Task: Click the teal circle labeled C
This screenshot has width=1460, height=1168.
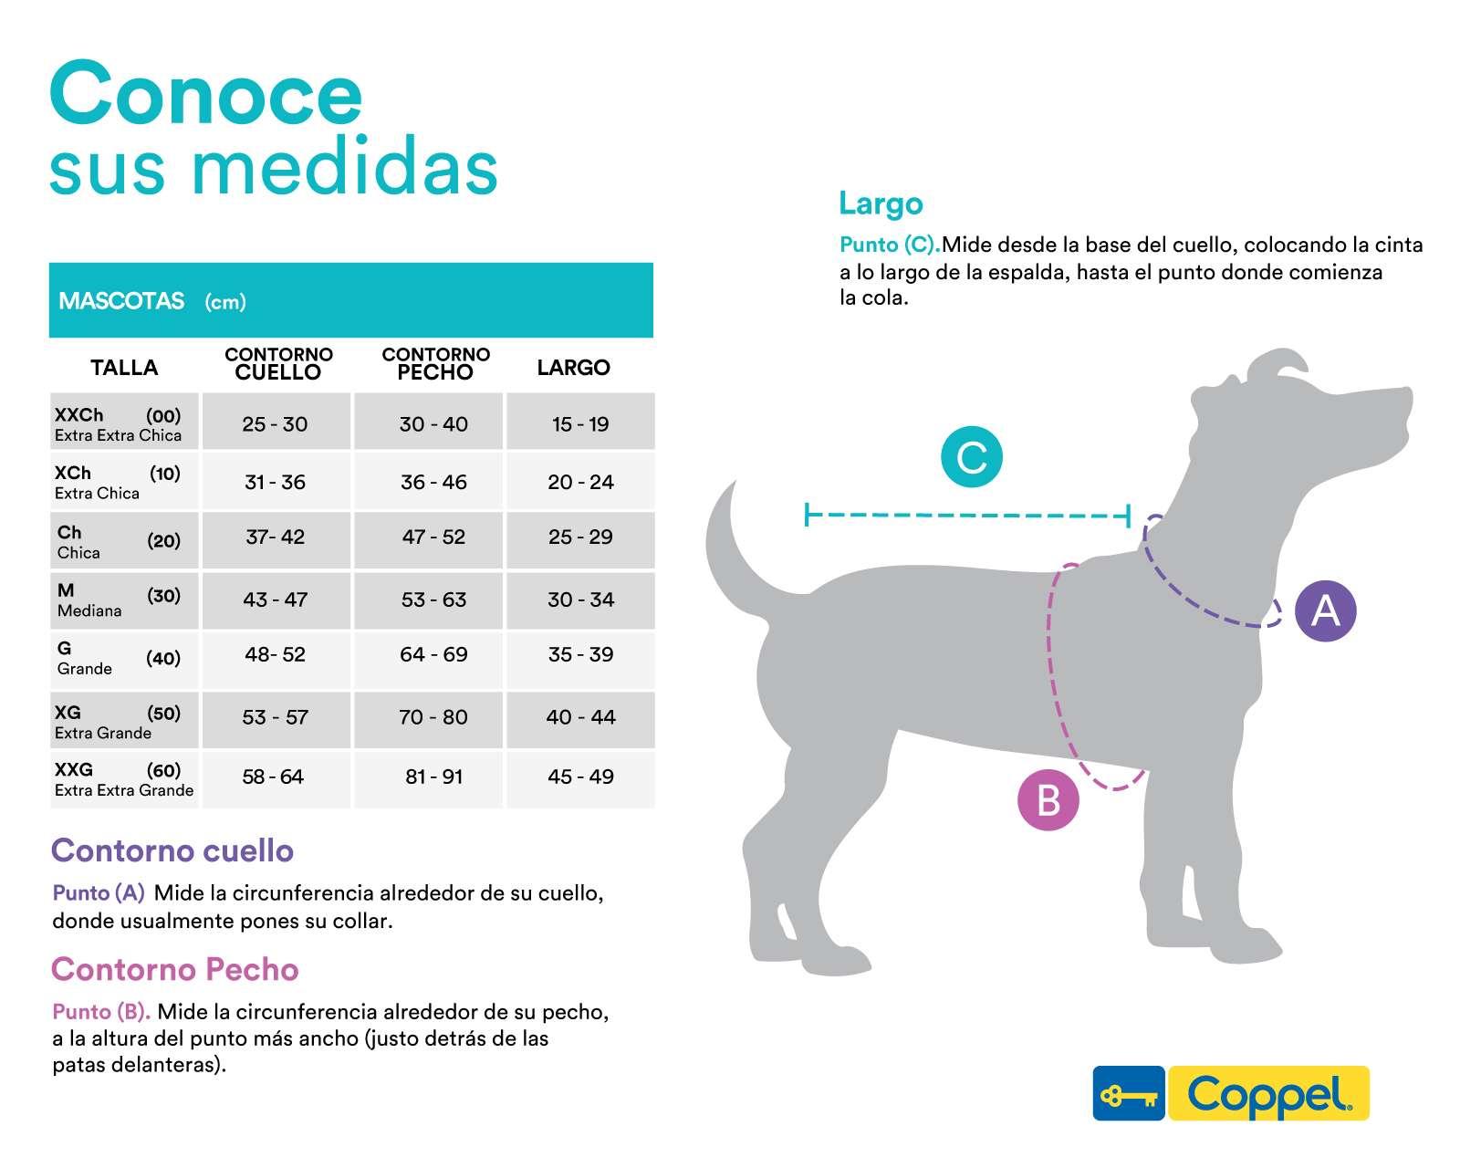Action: click(x=972, y=456)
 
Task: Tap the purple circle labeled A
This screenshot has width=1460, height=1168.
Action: click(x=1325, y=610)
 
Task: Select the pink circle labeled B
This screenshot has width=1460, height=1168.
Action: click(x=1048, y=800)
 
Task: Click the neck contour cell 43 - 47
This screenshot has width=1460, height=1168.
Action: click(x=276, y=600)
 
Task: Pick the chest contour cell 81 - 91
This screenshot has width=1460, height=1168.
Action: click(x=434, y=777)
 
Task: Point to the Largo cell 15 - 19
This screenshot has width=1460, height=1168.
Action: click(x=580, y=424)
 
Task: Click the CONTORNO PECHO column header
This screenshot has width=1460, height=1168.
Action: click(x=435, y=363)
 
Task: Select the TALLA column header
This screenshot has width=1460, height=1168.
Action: click(x=124, y=368)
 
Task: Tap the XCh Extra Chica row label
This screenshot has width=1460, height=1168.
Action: click(x=98, y=483)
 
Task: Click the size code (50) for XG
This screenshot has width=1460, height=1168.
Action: click(x=164, y=713)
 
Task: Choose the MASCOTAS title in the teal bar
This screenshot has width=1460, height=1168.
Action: click(x=121, y=300)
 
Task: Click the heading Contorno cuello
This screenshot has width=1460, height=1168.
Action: click(x=172, y=850)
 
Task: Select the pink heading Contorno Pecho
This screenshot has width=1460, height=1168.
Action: click(x=175, y=969)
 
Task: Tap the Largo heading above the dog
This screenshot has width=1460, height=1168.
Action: click(x=881, y=203)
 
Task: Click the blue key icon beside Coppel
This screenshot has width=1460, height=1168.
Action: click(x=1129, y=1093)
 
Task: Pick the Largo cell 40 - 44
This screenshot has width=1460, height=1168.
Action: click(x=580, y=717)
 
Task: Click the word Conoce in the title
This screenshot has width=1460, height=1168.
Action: click(x=206, y=94)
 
